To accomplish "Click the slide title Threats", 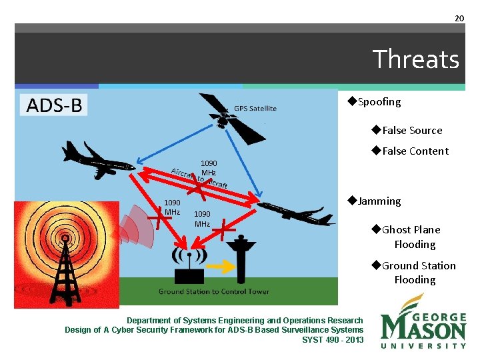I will [415, 59].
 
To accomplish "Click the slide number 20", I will [459, 18].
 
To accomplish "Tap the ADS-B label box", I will [55, 105].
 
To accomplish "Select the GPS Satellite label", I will [255, 109].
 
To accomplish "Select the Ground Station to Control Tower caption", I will [213, 291].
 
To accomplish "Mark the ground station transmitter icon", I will [190, 267].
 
